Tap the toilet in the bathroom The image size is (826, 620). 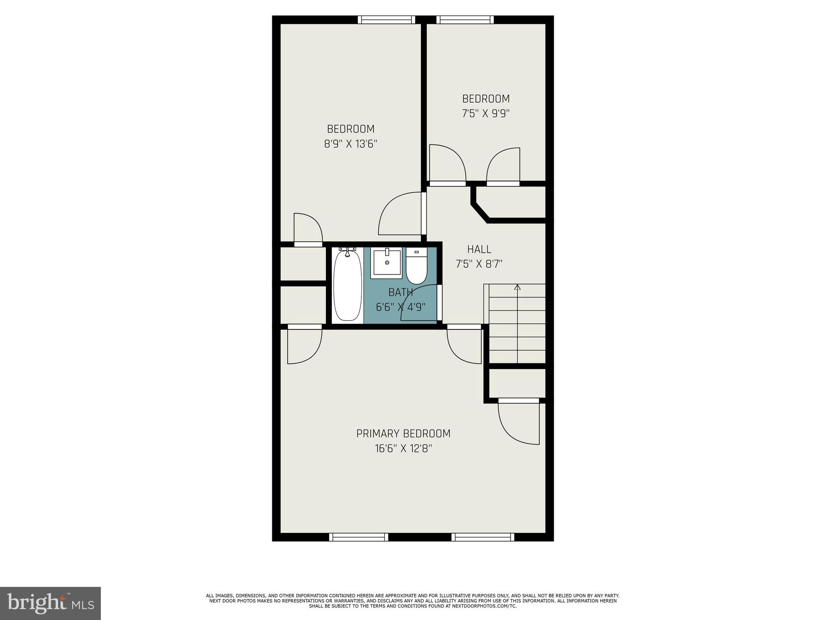click(416, 266)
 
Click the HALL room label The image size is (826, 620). click(479, 249)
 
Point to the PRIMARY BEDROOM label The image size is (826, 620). click(403, 434)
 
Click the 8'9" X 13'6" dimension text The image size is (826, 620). click(350, 144)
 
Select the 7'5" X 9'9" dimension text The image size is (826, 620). click(486, 114)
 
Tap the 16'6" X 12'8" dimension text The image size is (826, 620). click(403, 448)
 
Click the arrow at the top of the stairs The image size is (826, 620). click(517, 287)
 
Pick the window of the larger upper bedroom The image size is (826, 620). click(386, 20)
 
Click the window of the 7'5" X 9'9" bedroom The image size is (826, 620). click(465, 20)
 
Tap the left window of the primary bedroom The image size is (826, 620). click(359, 537)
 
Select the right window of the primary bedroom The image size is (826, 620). click(483, 537)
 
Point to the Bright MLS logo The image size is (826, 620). click(50, 603)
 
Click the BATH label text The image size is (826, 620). click(400, 292)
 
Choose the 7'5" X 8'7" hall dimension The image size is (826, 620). click(479, 264)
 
